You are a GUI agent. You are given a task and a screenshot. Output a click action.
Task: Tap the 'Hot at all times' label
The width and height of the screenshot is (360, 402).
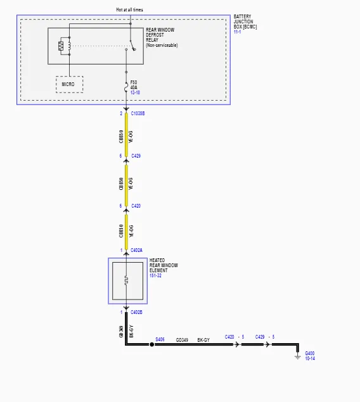(129, 9)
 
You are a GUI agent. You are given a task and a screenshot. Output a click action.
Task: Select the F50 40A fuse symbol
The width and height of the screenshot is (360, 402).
(126, 87)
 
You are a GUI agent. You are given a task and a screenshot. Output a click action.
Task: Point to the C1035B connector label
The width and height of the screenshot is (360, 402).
(138, 113)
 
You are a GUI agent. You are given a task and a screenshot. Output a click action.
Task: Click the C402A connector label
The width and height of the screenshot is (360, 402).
(136, 250)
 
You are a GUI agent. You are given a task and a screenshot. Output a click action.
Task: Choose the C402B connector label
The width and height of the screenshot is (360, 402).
(136, 312)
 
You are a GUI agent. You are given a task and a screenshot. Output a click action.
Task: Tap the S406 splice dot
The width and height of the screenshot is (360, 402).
(152, 344)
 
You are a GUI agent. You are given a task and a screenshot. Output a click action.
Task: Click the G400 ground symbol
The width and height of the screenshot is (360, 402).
(298, 357)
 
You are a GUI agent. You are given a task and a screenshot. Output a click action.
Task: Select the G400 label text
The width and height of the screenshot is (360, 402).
(310, 353)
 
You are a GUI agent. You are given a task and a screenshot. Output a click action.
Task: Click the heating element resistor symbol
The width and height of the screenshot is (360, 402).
(126, 280)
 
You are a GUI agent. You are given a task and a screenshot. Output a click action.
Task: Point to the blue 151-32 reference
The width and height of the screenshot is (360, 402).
(155, 275)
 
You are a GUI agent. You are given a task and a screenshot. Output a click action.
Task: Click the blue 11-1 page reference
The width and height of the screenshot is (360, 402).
(237, 32)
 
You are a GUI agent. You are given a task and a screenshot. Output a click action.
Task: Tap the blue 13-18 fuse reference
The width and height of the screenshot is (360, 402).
(135, 92)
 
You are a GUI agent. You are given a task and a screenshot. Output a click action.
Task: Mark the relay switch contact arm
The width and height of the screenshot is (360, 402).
(132, 45)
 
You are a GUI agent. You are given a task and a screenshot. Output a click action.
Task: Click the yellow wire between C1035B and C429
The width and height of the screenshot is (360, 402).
(126, 135)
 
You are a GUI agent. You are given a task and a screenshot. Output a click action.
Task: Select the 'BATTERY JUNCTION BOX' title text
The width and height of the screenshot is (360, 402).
(245, 22)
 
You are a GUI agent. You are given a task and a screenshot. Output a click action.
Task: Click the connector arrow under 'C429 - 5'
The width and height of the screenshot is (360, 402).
(267, 344)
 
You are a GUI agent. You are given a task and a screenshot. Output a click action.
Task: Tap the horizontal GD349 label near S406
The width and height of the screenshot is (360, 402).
(182, 340)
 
